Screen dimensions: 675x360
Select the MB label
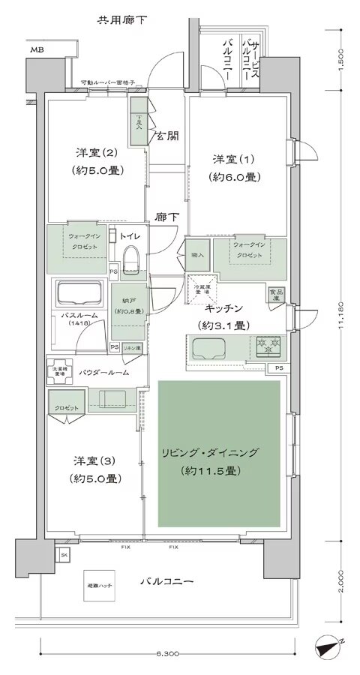pos(36,50)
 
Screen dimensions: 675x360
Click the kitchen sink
pos(208,347)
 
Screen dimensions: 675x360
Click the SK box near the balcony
pos(64,554)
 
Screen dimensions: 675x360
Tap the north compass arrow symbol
pos(328,645)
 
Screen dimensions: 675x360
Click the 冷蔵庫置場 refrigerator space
pos(203,287)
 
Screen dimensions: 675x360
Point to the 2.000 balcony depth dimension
pos(343,577)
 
